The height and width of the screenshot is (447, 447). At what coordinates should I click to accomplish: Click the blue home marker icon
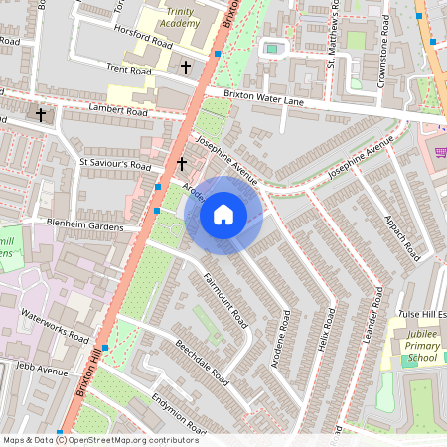click(223, 215)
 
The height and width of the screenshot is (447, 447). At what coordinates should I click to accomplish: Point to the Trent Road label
click(128, 70)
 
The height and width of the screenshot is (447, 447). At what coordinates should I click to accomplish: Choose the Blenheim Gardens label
click(84, 226)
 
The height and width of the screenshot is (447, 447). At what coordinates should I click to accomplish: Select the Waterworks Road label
click(55, 325)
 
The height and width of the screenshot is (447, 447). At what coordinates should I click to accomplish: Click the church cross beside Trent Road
click(186, 67)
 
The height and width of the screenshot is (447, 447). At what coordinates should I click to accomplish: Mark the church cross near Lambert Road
click(41, 115)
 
